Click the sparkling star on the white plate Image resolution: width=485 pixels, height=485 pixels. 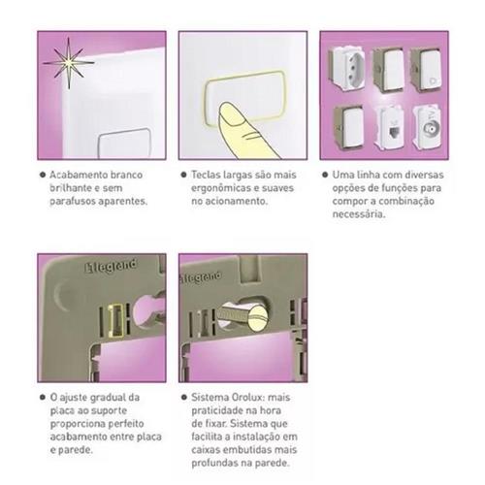click(x=69, y=63)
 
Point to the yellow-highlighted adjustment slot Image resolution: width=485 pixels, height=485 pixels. click(x=116, y=320)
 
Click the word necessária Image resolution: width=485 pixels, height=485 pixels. click(x=359, y=214)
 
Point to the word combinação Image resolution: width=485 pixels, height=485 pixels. click(x=406, y=201)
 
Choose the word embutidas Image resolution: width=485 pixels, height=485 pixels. click(x=245, y=450)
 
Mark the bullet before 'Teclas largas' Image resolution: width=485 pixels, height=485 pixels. click(x=183, y=175)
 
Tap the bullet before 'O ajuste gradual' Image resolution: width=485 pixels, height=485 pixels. click(x=43, y=398)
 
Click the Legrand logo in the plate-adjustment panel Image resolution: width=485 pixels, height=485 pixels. click(x=111, y=267)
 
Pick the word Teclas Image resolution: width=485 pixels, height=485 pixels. click(x=206, y=175)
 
